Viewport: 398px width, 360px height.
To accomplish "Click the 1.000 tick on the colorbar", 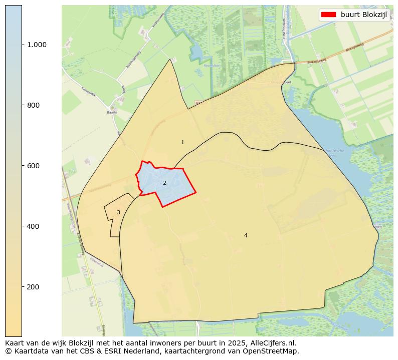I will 37,45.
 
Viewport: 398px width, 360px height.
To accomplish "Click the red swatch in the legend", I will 329,15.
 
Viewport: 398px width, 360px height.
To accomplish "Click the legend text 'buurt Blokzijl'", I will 364,15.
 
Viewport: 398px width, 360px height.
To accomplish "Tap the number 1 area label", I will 182,143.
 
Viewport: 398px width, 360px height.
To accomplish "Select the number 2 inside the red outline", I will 164,183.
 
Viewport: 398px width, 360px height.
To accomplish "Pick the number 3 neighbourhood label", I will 118,213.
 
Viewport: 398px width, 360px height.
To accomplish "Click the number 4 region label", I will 246,235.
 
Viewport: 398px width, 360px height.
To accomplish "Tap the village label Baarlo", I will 111,113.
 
